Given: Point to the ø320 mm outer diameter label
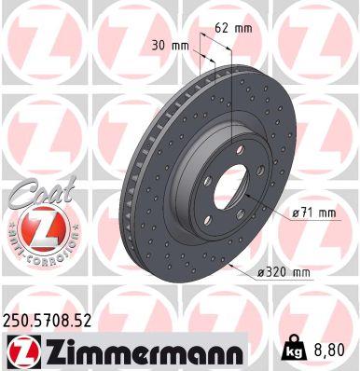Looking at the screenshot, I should [284, 271].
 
